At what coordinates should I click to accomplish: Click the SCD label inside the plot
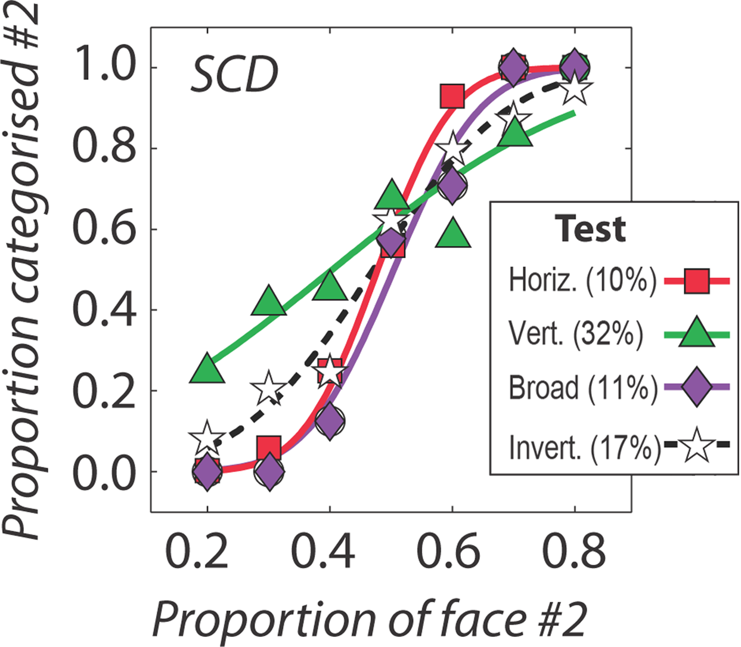click(234, 76)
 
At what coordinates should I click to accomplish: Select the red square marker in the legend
click(696, 281)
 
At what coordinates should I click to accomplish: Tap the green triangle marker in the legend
click(696, 333)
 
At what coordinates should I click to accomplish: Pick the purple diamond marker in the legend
click(696, 387)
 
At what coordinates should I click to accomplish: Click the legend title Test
click(590, 228)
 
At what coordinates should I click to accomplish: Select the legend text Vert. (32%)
click(575, 334)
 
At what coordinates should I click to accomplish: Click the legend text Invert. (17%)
click(584, 447)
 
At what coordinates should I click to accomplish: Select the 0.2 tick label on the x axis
click(197, 552)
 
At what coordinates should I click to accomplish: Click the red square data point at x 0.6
click(452, 95)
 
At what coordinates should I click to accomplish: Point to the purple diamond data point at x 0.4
click(330, 420)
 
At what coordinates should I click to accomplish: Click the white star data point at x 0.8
click(575, 89)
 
